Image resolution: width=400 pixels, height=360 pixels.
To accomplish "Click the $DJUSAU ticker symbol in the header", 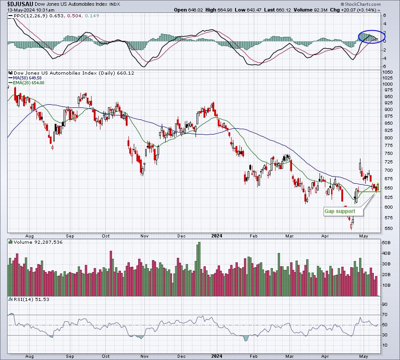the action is pos(20,4).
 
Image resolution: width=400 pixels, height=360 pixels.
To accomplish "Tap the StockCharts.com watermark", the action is pos(360,4).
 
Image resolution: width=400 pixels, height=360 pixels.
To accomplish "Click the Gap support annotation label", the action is pos(340,211).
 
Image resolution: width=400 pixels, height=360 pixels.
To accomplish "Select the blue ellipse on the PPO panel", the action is pos(372,36).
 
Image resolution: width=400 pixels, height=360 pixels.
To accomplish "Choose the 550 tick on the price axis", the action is pos(387,228).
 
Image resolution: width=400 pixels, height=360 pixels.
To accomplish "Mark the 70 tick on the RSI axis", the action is pos(384,315).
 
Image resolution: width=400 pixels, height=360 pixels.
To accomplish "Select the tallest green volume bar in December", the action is pos(199,269).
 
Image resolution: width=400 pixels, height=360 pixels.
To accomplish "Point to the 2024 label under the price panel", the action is pos(217,236).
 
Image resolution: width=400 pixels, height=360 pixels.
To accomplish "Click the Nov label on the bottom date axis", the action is pos(144,356).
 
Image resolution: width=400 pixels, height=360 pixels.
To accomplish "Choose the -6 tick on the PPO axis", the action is pos(384,67).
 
